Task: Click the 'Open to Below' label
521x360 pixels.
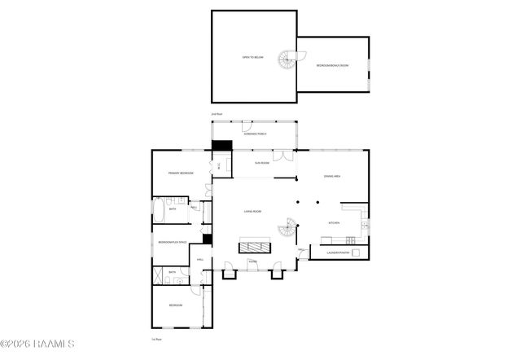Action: click(x=252, y=57)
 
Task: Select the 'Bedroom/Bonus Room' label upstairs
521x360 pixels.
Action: click(x=333, y=65)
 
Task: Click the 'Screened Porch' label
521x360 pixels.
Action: click(x=256, y=134)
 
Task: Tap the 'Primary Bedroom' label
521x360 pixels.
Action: click(x=180, y=173)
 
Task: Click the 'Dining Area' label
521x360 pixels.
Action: click(x=332, y=176)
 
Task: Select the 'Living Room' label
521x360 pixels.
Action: click(x=252, y=212)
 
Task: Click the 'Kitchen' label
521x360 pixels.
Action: click(x=334, y=222)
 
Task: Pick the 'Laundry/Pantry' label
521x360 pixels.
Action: click(x=338, y=252)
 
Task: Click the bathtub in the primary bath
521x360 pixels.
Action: click(x=159, y=210)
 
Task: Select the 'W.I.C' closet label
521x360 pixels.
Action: click(x=218, y=166)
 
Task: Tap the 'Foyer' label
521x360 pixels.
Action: click(x=252, y=262)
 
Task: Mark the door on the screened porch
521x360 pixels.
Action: click(x=246, y=126)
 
